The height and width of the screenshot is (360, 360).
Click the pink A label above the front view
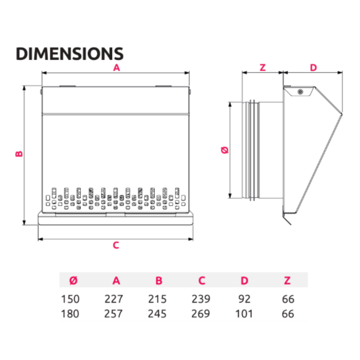coord(116,68)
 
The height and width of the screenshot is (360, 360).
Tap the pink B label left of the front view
coord(19,153)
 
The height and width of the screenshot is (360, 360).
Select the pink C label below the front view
coord(116,245)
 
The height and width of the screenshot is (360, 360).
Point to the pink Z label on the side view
coord(262,68)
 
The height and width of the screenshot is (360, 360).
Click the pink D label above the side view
coord(313,68)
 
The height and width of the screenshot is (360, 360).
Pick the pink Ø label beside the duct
coord(225,150)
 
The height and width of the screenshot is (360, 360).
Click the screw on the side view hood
coord(300,91)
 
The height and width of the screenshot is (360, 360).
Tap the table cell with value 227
coord(114,299)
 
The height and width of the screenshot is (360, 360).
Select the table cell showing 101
coord(244,314)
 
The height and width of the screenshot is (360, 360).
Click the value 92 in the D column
coord(244,299)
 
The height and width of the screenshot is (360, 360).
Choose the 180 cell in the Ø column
coord(70,314)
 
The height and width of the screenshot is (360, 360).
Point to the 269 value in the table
coord(201,314)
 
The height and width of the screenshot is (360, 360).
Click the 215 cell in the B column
coord(157,299)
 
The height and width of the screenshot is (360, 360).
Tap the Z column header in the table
coord(287,281)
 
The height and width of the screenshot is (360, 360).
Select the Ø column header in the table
coord(73,281)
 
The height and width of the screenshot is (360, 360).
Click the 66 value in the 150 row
coord(288,299)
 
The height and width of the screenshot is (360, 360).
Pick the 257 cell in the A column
coord(114,314)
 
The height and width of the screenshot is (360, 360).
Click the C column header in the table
coord(202,281)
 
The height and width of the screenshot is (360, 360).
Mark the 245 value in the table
coord(157,314)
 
